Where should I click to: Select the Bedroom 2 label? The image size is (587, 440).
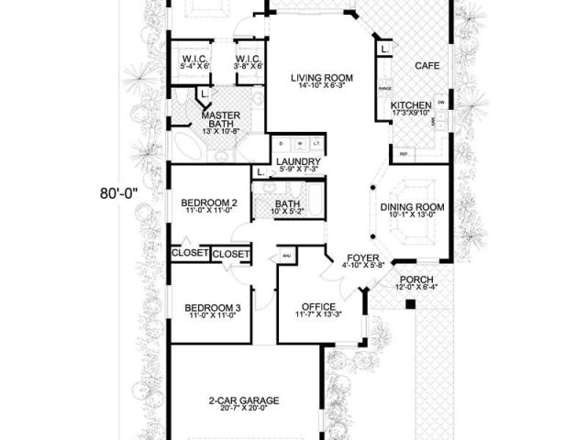209,203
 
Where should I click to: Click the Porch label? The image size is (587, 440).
415,280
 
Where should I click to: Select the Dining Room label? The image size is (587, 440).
412,208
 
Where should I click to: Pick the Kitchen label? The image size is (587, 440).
410,106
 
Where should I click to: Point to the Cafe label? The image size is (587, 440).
426,66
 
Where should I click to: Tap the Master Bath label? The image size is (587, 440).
220,120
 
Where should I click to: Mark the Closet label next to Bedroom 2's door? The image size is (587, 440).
231,254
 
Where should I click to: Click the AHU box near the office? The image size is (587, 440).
286,256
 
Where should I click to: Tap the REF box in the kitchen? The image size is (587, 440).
403,154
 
